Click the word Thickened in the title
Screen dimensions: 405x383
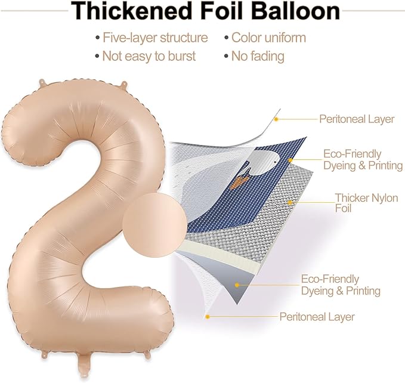pos(131,11)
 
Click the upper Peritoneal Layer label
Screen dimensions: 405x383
pos(357,119)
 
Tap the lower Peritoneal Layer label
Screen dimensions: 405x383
pos(317,317)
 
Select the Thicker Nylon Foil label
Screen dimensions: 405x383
pos(366,203)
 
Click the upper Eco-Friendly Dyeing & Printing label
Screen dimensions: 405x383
pos(363,160)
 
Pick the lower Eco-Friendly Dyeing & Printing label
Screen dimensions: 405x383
pos(341,285)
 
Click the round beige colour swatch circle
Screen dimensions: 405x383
pos(154,225)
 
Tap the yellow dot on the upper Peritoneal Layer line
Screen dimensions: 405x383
pos(276,119)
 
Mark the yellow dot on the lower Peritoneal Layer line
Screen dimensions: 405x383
pos(208,317)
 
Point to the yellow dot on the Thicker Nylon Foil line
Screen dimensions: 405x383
pos(290,203)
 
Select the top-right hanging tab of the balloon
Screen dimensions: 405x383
pos(124,85)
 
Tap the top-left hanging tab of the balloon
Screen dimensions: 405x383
pos(43,83)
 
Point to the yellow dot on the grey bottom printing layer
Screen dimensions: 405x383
pos(237,285)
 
